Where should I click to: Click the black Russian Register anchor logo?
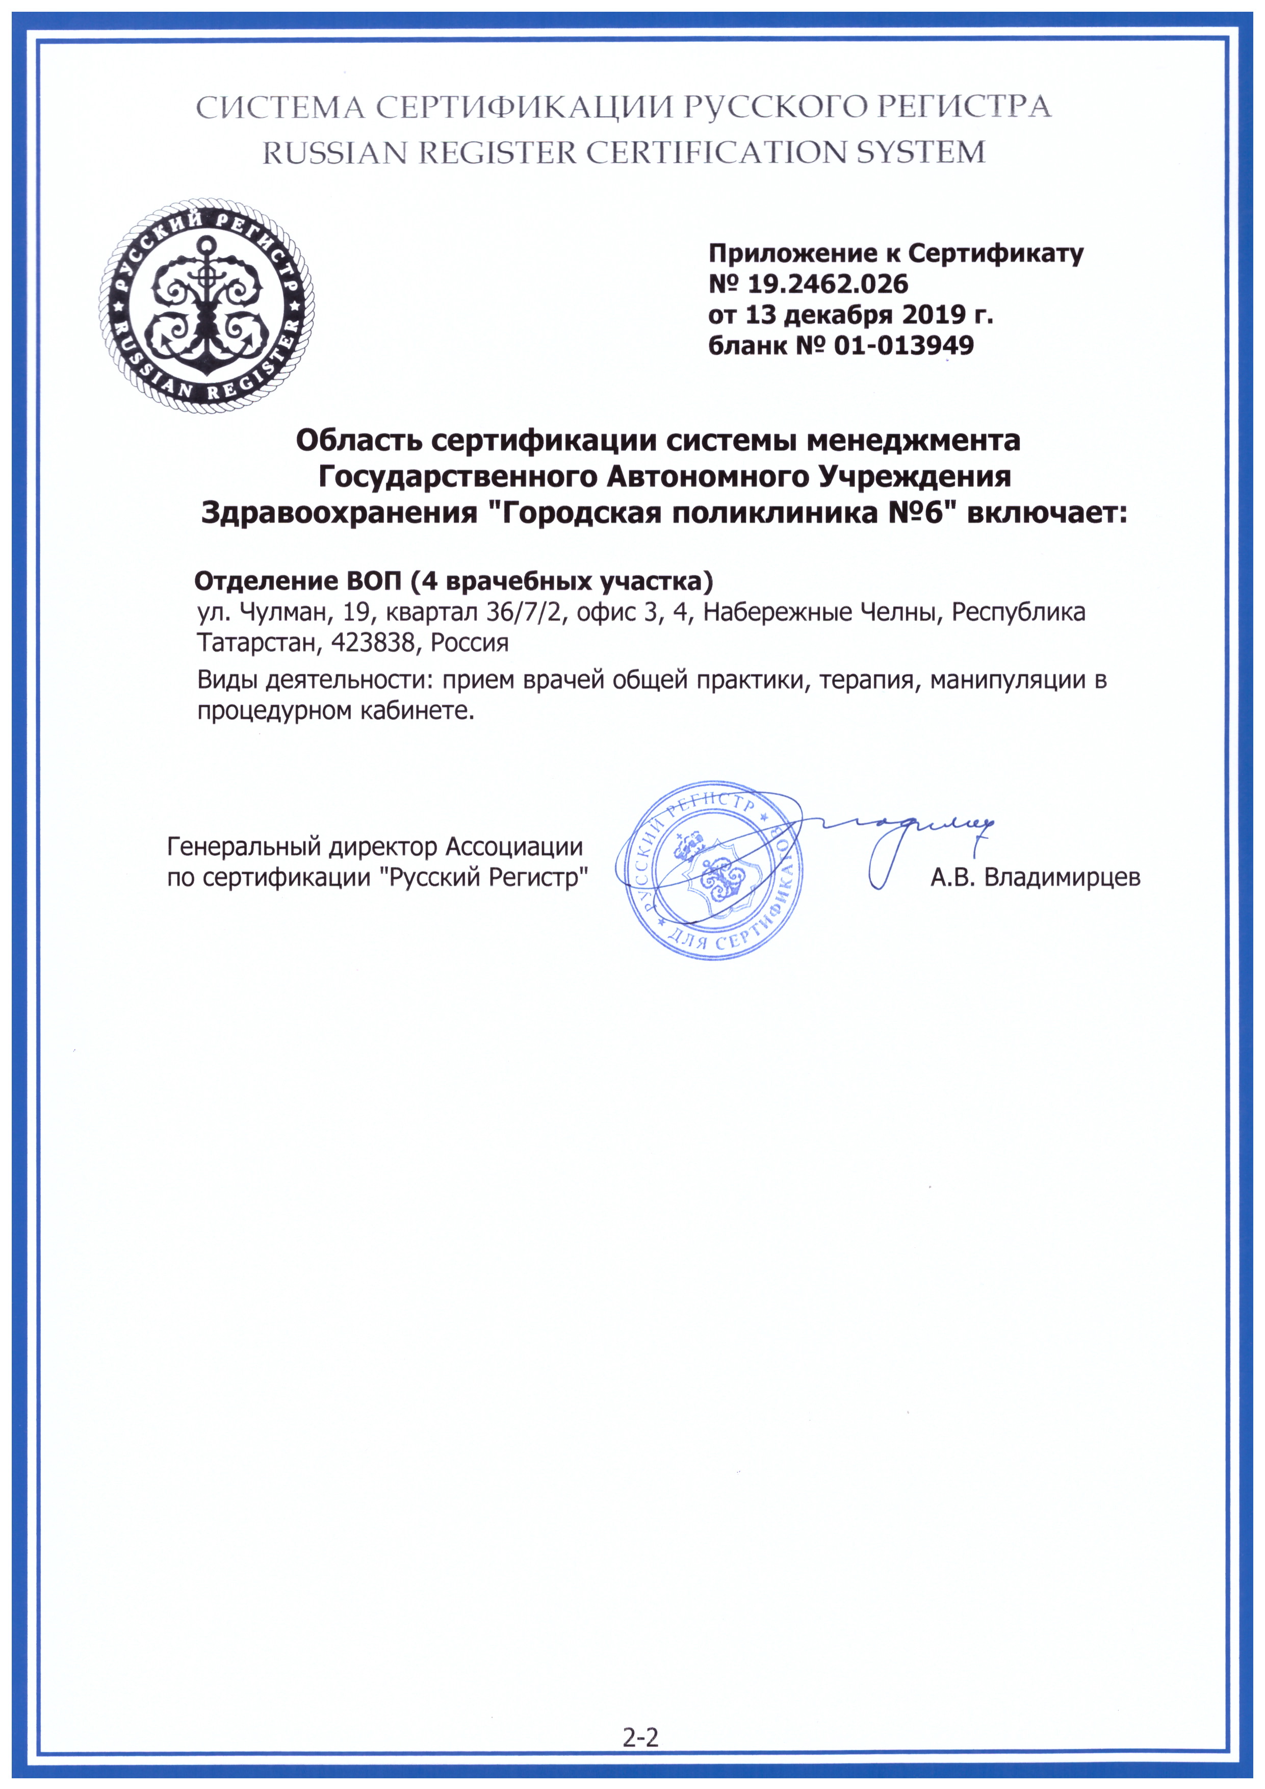point(206,305)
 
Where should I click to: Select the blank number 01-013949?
point(903,345)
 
